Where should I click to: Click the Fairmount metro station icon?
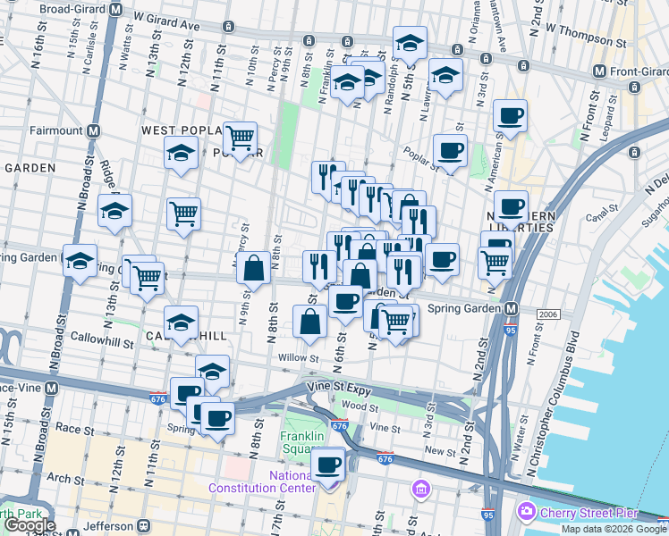93,130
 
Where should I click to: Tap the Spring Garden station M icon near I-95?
511,309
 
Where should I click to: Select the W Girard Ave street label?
165,21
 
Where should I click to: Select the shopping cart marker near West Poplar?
240,138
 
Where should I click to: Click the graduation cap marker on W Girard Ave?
410,42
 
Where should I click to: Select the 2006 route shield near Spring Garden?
548,314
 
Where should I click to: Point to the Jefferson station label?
107,525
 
